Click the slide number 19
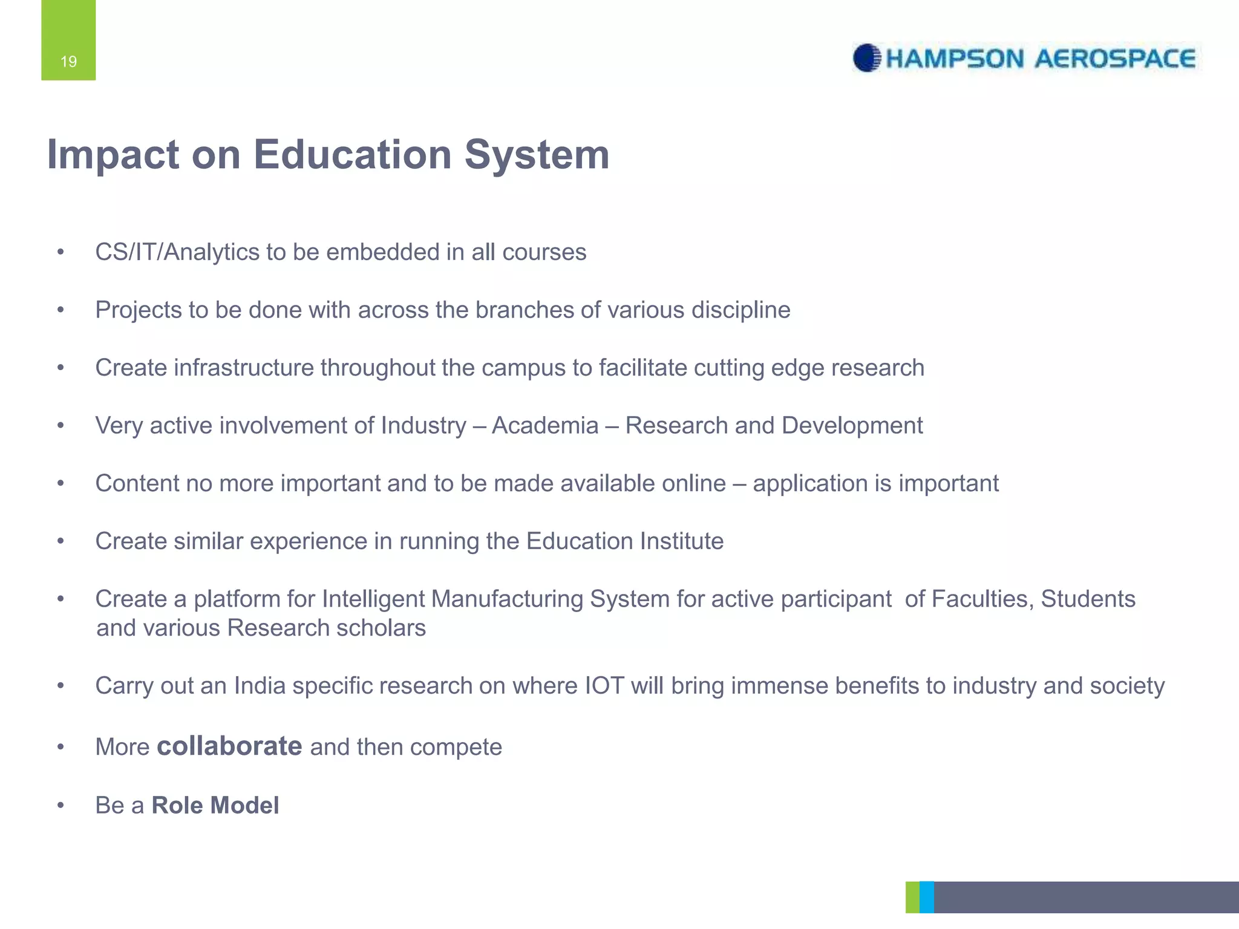click(68, 61)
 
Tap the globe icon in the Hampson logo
click(866, 58)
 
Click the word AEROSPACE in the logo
click(1115, 59)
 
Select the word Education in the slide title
click(353, 155)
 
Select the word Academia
click(545, 425)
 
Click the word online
click(694, 483)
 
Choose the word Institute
click(682, 541)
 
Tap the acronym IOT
click(604, 686)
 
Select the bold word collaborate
click(229, 746)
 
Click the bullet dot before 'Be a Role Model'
click(60, 805)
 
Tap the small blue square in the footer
click(926, 897)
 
